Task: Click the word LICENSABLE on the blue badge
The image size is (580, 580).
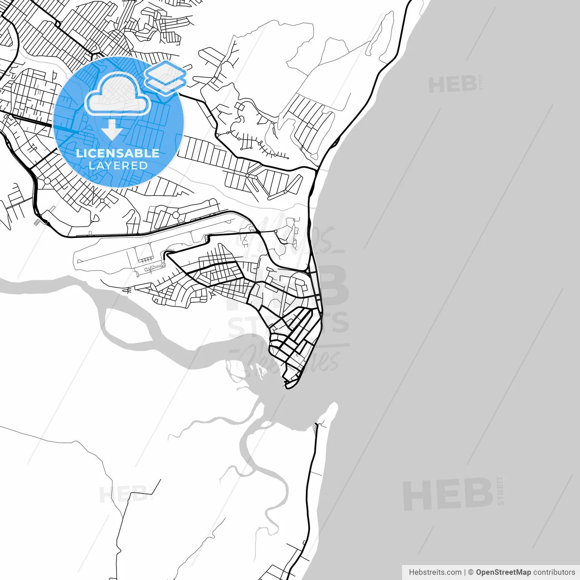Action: tap(118, 153)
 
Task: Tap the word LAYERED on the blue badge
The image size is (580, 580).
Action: tap(118, 165)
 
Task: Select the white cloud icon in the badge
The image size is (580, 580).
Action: tap(118, 94)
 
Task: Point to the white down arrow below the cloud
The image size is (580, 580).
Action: tap(111, 130)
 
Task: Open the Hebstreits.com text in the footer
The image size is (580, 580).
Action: tap(435, 572)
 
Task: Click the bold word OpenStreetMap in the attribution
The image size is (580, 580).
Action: tap(503, 572)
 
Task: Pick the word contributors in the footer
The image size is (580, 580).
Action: tap(554, 572)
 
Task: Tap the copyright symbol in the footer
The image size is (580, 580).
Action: tap(471, 572)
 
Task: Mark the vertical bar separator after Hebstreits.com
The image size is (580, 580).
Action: tap(465, 572)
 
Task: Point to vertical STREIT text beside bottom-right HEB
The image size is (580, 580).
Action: tap(500, 490)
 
